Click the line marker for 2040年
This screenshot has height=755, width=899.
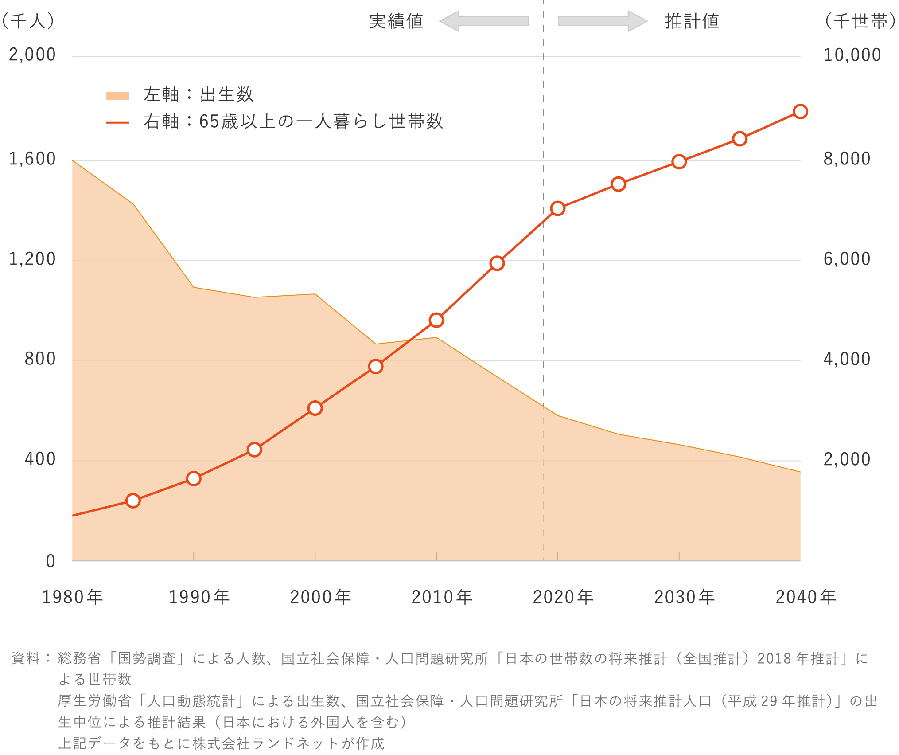800,111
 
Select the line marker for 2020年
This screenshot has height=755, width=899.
558,208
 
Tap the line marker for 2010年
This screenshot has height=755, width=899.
436,320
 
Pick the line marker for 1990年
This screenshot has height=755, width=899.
194,479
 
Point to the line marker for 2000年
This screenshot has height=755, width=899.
315,408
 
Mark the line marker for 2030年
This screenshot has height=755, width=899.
679,162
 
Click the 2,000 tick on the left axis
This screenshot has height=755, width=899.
32,55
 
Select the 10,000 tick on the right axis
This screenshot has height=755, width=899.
852,55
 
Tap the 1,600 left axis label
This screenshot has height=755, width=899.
32,159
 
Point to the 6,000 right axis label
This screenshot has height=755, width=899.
847,259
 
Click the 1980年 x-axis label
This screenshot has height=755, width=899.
73,597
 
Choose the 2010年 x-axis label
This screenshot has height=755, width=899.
442,597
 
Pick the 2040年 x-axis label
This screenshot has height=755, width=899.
806,597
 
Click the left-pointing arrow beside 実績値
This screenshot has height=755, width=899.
484,21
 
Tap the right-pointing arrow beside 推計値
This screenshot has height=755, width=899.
603,21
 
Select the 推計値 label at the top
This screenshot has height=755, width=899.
692,21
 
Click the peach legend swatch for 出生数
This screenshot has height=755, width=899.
117,96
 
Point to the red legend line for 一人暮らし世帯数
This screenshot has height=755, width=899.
117,122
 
